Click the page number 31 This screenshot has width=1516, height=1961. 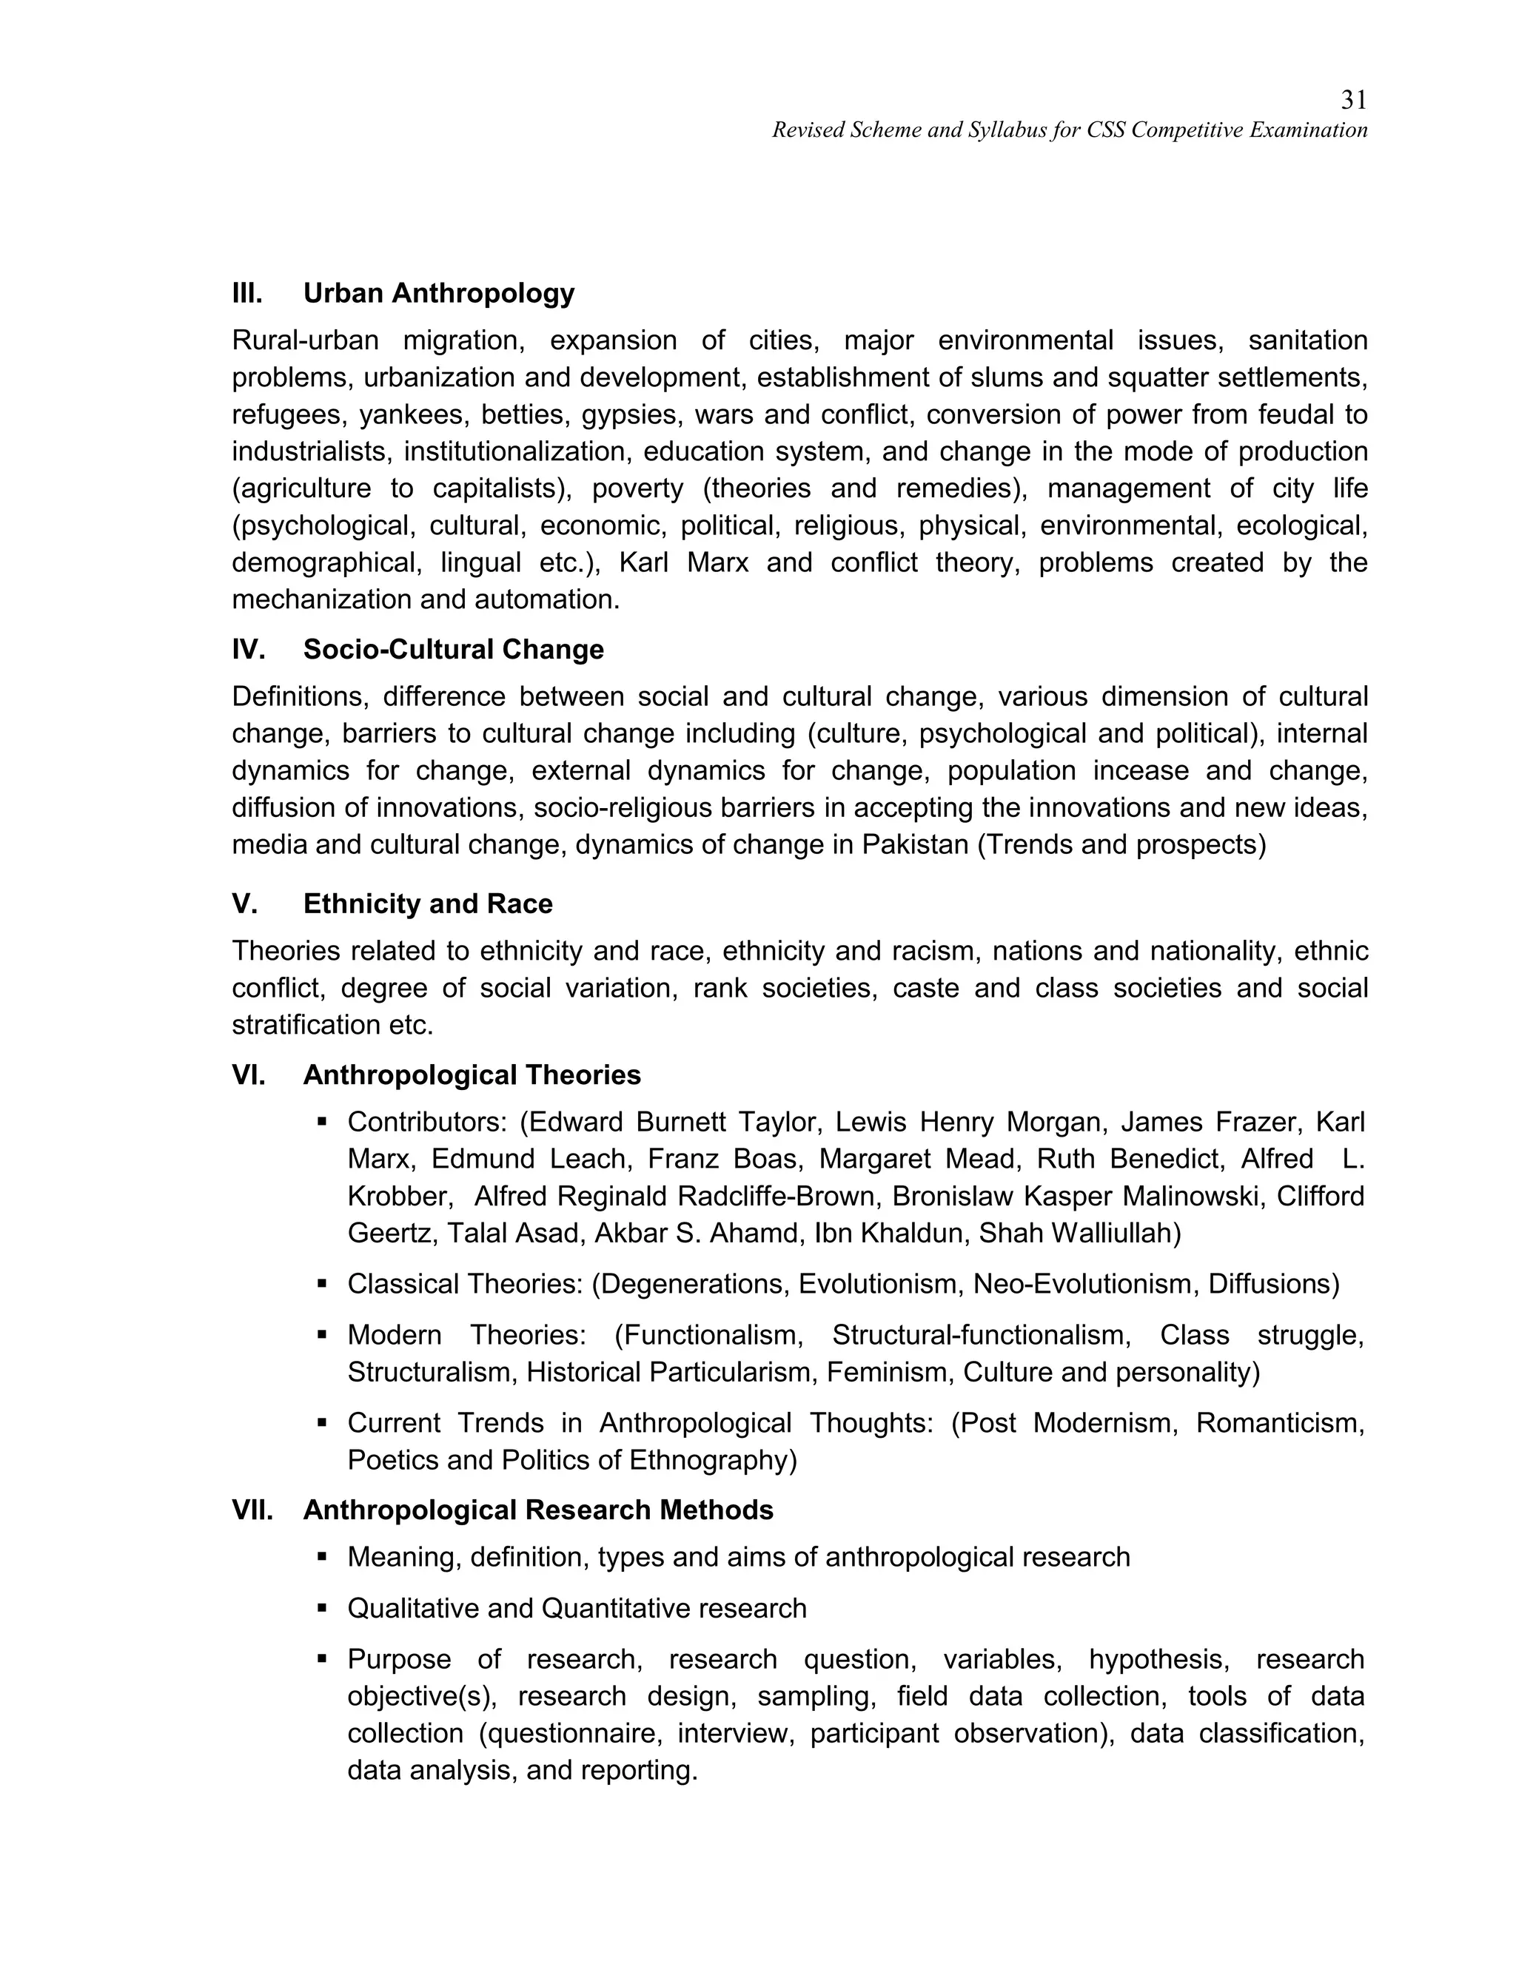pyautogui.click(x=1353, y=100)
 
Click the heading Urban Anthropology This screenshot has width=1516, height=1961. pyautogui.click(x=438, y=293)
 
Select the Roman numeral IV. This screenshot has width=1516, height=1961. pyautogui.click(x=248, y=649)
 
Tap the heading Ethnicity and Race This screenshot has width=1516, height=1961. pyautogui.click(x=428, y=904)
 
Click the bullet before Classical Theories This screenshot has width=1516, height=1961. pyautogui.click(x=321, y=1284)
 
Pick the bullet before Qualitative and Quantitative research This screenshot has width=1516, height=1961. pyautogui.click(x=321, y=1608)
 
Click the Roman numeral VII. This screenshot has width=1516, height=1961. pyautogui.click(x=252, y=1510)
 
